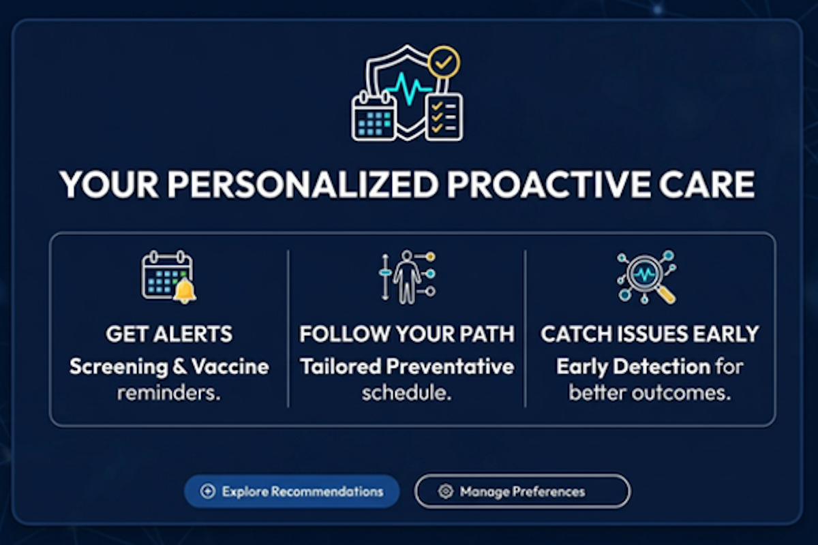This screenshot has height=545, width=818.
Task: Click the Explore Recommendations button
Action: (x=292, y=491)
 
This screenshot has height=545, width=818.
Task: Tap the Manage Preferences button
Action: (x=522, y=491)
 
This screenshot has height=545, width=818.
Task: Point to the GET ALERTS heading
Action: (x=169, y=334)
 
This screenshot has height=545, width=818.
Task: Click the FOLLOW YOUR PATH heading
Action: (x=407, y=334)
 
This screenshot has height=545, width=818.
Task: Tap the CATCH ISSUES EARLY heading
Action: (x=650, y=334)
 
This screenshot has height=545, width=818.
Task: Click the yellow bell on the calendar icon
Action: (x=185, y=291)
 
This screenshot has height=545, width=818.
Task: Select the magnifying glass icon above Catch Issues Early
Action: (x=647, y=277)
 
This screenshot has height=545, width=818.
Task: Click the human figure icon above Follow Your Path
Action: (x=407, y=277)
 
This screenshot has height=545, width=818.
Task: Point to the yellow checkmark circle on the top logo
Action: (x=444, y=63)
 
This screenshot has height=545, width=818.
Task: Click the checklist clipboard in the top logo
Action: (x=444, y=116)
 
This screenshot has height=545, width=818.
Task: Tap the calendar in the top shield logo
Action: (x=374, y=116)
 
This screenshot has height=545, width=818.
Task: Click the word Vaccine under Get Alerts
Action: (x=230, y=367)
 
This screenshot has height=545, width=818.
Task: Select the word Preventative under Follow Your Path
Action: (x=451, y=367)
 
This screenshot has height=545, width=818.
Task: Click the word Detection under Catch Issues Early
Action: (x=661, y=367)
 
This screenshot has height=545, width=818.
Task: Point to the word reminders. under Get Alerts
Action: (x=169, y=393)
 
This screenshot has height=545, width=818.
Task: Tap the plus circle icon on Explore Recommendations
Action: (x=207, y=491)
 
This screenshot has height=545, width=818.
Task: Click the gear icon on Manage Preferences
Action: (x=446, y=491)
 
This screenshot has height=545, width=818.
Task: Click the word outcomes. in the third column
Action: (x=682, y=393)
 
